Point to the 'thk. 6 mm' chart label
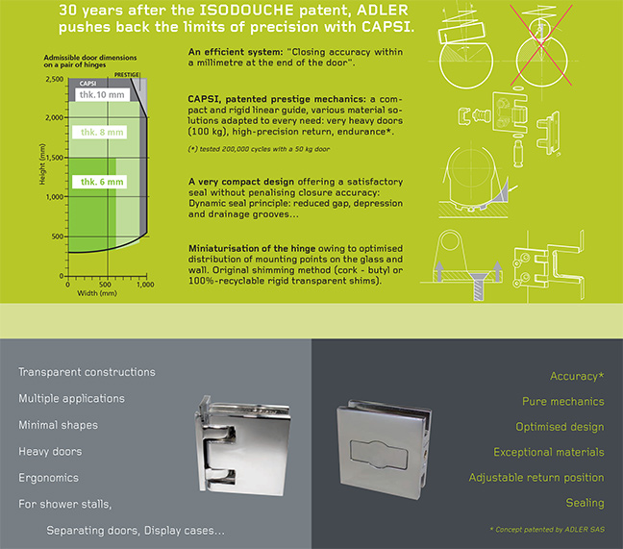coord(100,182)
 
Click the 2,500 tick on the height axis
coord(54,79)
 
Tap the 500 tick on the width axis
coord(105,286)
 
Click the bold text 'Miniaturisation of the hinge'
coord(254,248)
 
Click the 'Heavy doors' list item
coord(51,451)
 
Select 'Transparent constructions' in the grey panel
coord(87,372)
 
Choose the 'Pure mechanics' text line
coord(562,401)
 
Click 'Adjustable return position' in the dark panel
coord(536,477)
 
